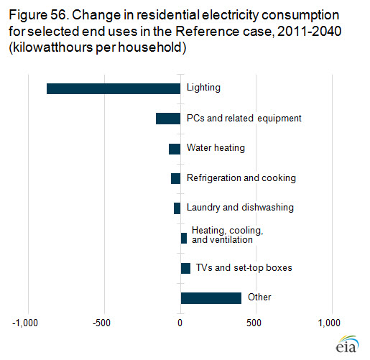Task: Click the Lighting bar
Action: click(114, 88)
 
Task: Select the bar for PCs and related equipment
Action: click(168, 119)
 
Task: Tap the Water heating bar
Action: click(175, 149)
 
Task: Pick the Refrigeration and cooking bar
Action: click(175, 178)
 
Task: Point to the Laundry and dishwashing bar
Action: click(177, 208)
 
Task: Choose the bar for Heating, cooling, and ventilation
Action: click(184, 238)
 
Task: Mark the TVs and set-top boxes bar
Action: click(185, 268)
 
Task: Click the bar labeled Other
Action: click(211, 298)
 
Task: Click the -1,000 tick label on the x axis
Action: click(25, 323)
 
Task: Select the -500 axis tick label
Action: click(102, 323)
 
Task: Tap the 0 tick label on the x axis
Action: click(180, 323)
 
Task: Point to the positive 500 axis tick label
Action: click(254, 323)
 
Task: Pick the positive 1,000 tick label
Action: click(329, 323)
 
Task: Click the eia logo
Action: click(347, 344)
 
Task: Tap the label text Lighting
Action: click(203, 88)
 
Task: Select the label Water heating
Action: click(216, 148)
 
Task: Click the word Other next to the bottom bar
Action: click(259, 297)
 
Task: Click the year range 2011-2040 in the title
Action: click(309, 32)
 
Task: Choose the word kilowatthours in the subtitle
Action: click(53, 47)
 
